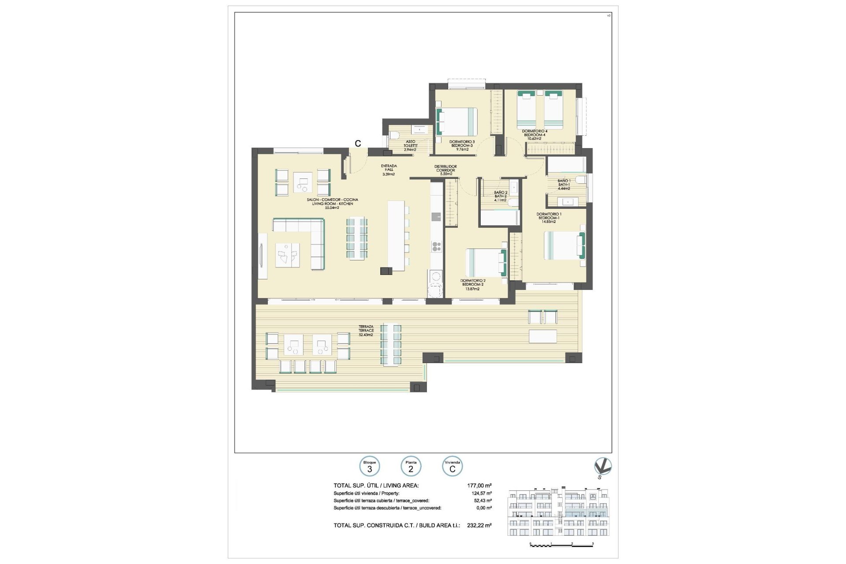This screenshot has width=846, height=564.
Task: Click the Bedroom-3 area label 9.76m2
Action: point(462,149)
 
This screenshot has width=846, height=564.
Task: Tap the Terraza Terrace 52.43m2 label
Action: point(366,330)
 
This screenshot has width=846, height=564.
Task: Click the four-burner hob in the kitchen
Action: point(436,247)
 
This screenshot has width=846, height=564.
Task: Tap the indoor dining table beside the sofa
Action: point(356,238)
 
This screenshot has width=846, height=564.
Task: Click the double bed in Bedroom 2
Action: point(485,263)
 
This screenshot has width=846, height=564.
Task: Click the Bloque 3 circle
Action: point(370,466)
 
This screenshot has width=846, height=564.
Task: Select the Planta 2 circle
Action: point(411,466)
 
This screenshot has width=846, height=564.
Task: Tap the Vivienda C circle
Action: point(452,466)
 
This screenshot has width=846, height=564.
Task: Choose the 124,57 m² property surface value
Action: point(481,493)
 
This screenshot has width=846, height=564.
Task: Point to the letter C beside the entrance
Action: point(358,144)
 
